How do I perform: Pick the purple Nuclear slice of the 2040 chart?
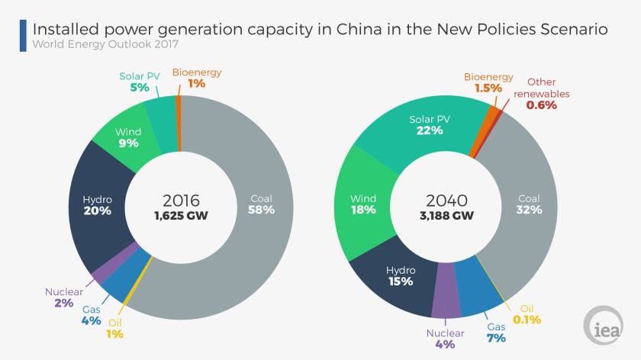(445, 301)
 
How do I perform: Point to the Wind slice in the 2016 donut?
(126, 137)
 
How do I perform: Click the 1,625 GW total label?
(182, 216)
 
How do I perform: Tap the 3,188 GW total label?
(446, 216)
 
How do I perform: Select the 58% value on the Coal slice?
(261, 210)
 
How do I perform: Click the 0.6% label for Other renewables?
(541, 105)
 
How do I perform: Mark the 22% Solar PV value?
(429, 130)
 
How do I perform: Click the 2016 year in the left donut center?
(182, 201)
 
